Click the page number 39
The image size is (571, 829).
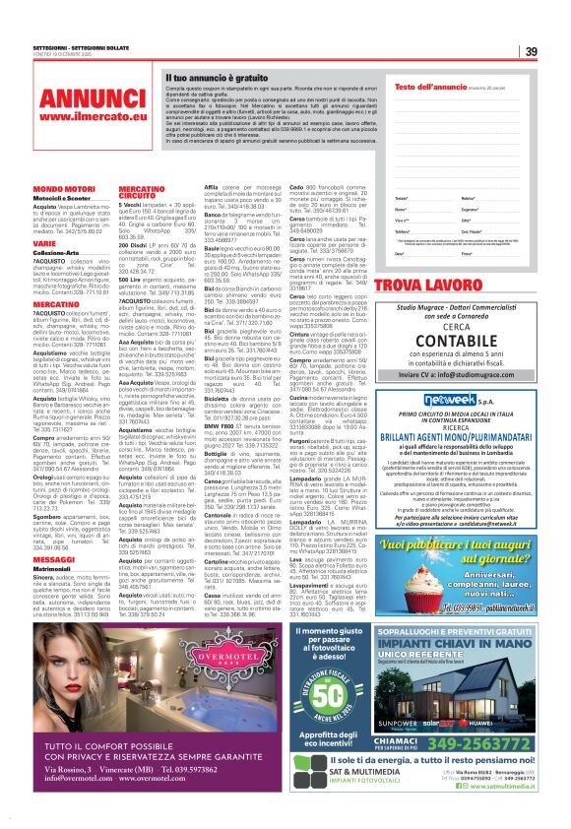coord(530,52)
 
